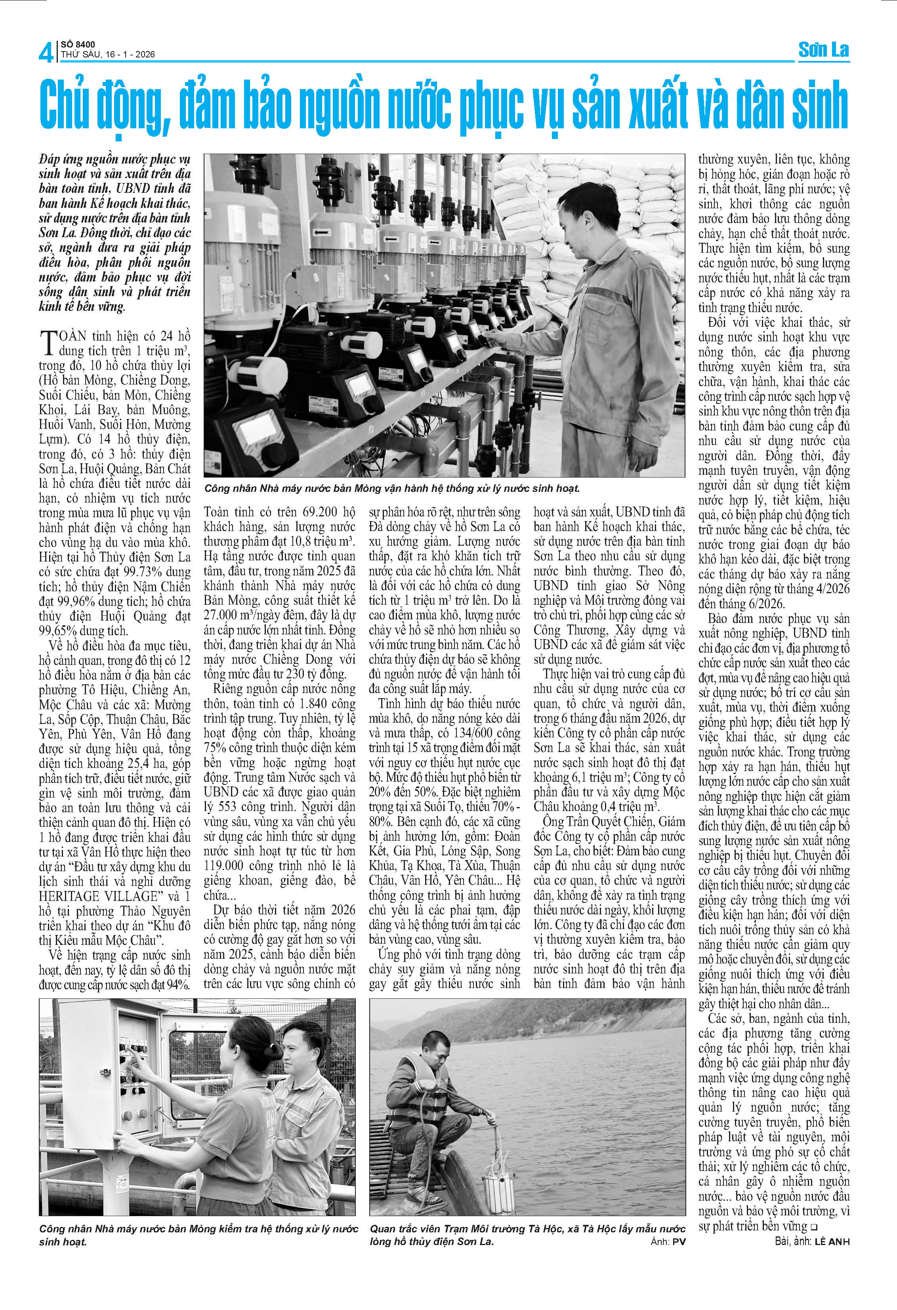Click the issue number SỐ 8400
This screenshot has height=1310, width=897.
pos(78,44)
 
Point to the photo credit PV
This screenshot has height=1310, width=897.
pos(679,1241)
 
